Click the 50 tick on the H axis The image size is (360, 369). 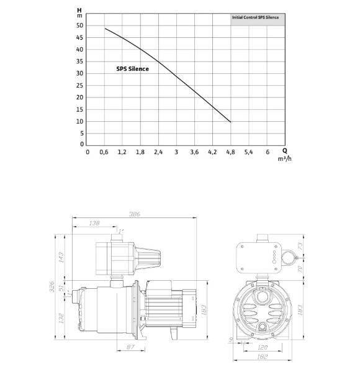tap(79, 26)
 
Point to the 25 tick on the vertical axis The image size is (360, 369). tap(79, 86)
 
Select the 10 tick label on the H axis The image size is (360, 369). tap(79, 122)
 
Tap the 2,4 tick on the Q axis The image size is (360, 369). tap(158, 152)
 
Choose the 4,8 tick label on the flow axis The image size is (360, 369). tap(230, 152)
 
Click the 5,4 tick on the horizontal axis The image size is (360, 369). tap(248, 152)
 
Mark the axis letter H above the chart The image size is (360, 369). tap(79, 11)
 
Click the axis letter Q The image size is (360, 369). tap(284, 150)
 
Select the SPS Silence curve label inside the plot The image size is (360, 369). tap(132, 69)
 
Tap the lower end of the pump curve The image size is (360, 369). tap(230, 122)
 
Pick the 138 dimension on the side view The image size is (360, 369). tap(94, 222)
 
